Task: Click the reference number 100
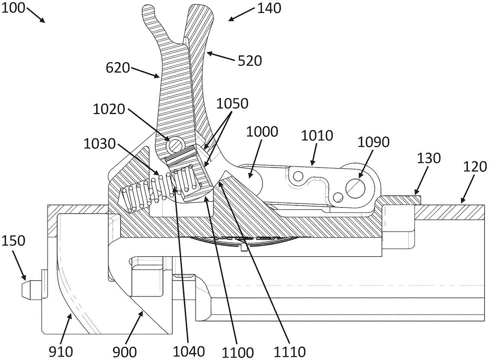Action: point(13,8)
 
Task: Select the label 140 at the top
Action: point(269,9)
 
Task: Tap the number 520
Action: point(250,61)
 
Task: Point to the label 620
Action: point(118,68)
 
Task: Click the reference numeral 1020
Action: point(109,109)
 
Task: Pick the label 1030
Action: point(99,144)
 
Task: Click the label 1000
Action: point(262,132)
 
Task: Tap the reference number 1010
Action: point(317,135)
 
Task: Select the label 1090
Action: point(374,142)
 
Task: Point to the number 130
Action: point(429,158)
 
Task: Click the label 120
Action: point(475,167)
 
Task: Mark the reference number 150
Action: point(13,241)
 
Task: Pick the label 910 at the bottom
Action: point(61,352)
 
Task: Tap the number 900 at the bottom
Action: point(125,352)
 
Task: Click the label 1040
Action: point(189,351)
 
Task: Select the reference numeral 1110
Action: point(289,352)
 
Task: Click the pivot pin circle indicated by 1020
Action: point(175,145)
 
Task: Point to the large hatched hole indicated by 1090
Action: point(355,188)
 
